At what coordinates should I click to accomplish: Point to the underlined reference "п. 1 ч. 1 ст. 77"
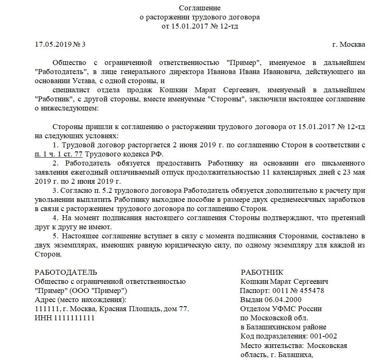[59, 154]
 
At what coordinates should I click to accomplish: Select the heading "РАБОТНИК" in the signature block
[262, 272]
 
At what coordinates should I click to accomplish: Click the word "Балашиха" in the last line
[294, 354]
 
